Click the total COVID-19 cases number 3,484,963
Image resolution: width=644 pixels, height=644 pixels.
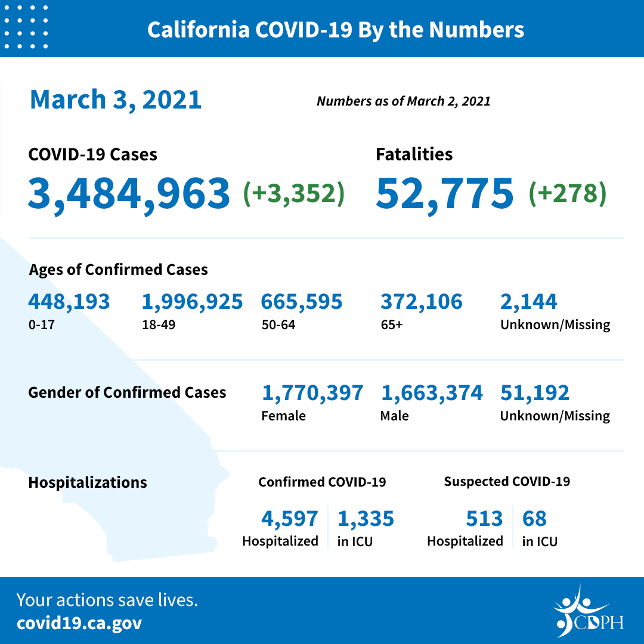pos(129,193)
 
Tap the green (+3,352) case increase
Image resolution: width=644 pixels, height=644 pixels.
pos(294,193)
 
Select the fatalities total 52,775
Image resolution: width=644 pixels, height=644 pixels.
pos(444,193)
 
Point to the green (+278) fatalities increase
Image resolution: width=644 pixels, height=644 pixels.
pos(567,193)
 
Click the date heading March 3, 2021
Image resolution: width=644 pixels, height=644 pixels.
pos(116,99)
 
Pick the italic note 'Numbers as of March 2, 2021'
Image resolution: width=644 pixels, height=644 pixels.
pos(403,101)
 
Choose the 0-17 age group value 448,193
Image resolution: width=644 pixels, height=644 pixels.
pos(69,302)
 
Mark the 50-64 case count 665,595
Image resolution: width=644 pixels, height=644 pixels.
pos(302,302)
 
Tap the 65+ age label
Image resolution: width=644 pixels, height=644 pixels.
pos(390,325)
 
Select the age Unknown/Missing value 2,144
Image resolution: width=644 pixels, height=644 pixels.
pos(528,302)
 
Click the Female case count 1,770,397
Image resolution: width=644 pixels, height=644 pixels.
pos(312,393)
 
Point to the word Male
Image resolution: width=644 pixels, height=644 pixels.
pos(394,416)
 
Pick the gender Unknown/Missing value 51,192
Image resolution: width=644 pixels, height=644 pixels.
pos(535,393)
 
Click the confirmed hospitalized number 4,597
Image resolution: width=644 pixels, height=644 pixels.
pos(290,519)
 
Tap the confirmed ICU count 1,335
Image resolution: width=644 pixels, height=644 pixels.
pos(366,519)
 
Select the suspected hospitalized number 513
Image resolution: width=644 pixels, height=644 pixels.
pos(484,519)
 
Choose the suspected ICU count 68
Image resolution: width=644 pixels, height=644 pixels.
pos(534,519)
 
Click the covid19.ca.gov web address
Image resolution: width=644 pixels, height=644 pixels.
pos(79,623)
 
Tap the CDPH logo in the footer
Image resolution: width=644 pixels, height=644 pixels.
pos(587,612)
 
